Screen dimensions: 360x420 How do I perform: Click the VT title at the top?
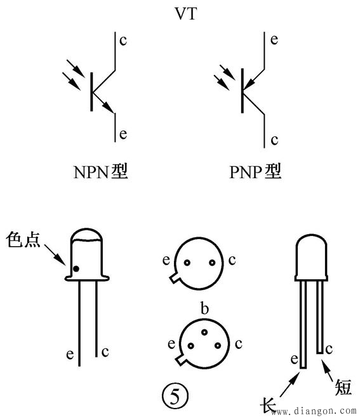tap(186, 13)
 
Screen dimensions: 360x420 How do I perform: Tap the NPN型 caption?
tap(100, 171)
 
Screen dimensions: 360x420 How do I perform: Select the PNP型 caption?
tap(255, 171)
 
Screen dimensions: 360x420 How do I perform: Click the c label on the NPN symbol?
tap(123, 41)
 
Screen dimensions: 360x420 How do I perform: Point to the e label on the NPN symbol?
tap(123, 134)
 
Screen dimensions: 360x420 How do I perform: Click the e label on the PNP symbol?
tap(274, 39)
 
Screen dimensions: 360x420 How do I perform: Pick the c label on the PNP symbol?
tap(274, 140)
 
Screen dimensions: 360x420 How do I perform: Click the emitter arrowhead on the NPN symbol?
tap(109, 107)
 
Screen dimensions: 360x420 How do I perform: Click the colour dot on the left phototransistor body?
tap(76, 268)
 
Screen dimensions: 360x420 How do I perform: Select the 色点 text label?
tap(23, 239)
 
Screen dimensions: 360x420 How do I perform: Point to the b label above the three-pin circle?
tap(204, 308)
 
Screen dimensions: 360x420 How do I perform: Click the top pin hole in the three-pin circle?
tap(204, 332)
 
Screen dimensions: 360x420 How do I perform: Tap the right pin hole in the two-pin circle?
tap(212, 263)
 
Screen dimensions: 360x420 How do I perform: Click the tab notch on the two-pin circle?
tap(175, 277)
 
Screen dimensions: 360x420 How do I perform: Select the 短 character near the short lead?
tap(343, 387)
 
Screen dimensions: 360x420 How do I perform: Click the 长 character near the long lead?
tap(268, 405)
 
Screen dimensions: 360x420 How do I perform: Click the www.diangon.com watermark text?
tap(314, 410)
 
